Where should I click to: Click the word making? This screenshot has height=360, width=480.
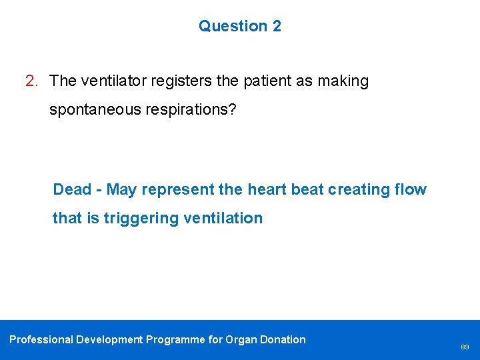click(343, 81)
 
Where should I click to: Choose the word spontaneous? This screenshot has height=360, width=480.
click(93, 110)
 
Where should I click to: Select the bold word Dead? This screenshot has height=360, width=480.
click(72, 189)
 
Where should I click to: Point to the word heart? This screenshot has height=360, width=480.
click(269, 189)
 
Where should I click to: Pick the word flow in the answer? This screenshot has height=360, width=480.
click(411, 189)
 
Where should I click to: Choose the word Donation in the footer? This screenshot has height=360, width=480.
click(284, 339)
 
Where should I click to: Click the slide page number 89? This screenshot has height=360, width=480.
click(464, 347)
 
